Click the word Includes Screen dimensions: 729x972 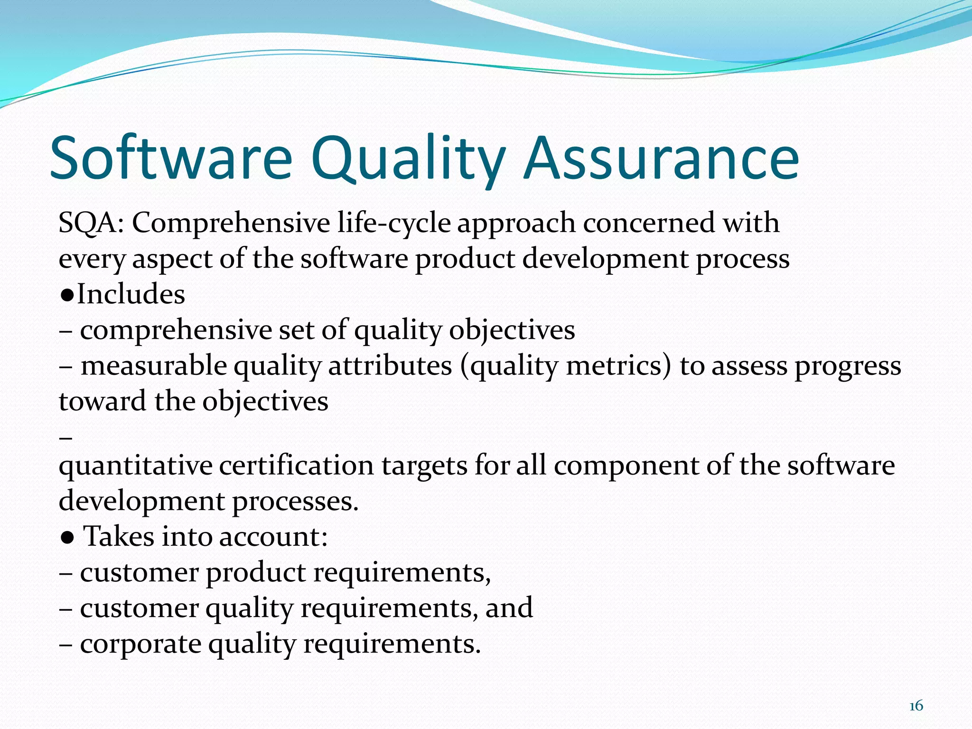pyautogui.click(x=131, y=294)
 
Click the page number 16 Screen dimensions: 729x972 pyautogui.click(x=916, y=706)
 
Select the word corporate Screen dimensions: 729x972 pyautogui.click(x=140, y=645)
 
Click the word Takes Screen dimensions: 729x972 pyautogui.click(x=119, y=537)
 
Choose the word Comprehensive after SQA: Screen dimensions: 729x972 pyautogui.click(x=231, y=223)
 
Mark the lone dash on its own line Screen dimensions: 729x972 pyautogui.click(x=66, y=437)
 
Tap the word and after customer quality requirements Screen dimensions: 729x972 pyautogui.click(x=509, y=608)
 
